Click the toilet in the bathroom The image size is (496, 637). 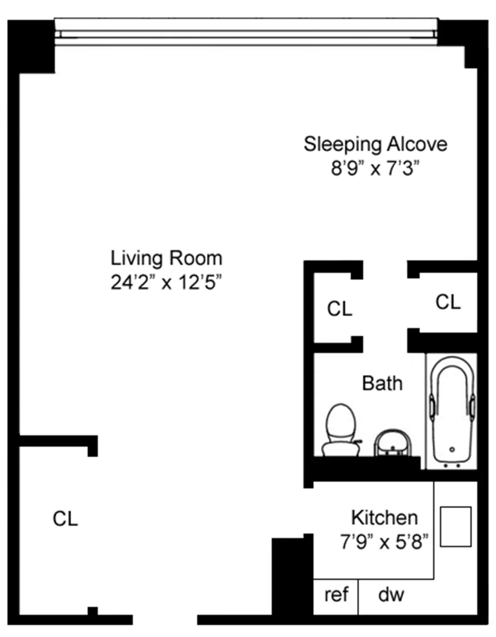341,430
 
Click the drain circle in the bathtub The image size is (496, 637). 452,449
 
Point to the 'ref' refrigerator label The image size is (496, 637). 336,595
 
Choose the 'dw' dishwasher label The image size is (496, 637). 391,595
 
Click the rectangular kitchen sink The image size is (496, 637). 455,527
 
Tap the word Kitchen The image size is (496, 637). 384,518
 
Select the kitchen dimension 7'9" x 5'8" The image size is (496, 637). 384,542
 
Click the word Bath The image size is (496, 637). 382,383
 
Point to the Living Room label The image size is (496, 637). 166,258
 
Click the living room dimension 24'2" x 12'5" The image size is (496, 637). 166,283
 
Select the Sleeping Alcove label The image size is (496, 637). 375,144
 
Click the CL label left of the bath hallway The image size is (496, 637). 339,309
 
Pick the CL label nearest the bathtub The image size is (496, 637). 448,302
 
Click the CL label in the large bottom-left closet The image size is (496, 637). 65,518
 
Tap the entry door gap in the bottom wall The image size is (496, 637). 165,620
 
